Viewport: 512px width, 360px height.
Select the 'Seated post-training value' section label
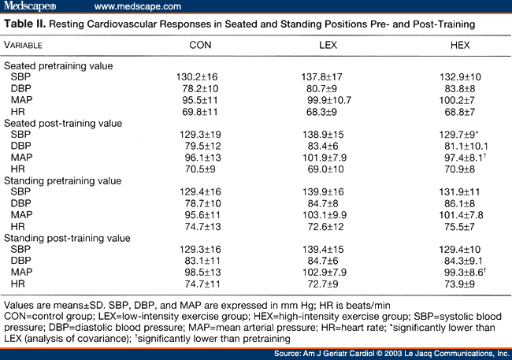(x=63, y=124)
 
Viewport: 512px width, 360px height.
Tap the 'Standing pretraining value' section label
(x=63, y=180)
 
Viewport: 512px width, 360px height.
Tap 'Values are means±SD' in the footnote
(x=51, y=303)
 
